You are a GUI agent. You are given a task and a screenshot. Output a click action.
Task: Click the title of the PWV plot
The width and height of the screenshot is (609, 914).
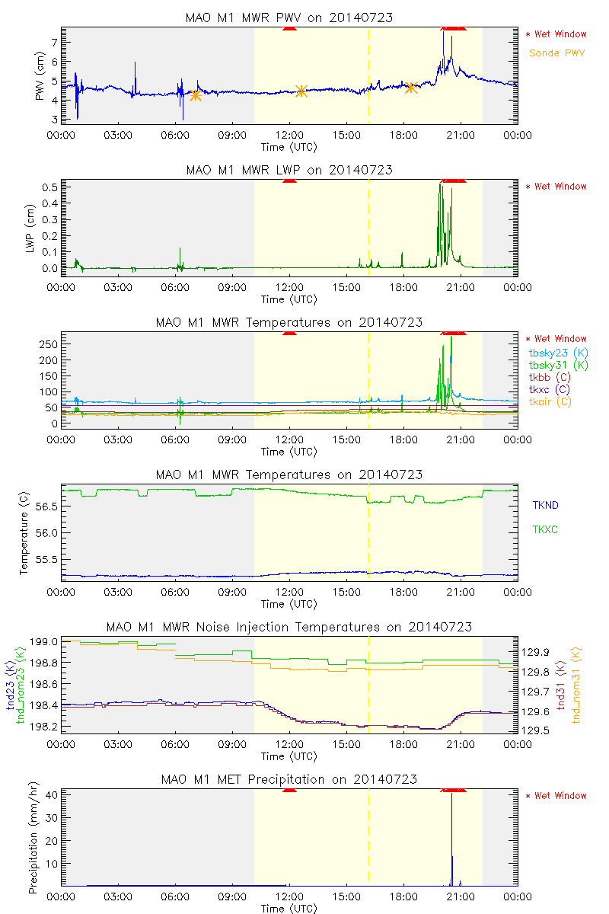[x=289, y=18]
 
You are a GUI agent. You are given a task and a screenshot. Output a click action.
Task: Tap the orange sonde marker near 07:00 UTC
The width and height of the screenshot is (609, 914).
[x=196, y=95]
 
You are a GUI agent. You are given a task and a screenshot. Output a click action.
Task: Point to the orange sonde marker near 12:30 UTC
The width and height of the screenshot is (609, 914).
[x=301, y=91]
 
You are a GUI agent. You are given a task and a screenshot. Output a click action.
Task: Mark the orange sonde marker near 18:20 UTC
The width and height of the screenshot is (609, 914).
[x=411, y=88]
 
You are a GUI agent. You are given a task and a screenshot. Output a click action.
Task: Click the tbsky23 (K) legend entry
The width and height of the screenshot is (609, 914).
[x=557, y=353]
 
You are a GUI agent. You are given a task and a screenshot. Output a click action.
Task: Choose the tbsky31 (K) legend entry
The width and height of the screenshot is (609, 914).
[x=557, y=365]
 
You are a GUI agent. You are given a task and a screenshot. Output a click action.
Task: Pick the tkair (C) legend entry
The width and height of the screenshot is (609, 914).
[x=551, y=401]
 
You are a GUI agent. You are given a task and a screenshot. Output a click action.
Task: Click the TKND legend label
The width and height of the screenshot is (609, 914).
[x=545, y=505]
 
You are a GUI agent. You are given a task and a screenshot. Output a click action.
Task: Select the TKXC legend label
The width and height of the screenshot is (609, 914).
[x=545, y=529]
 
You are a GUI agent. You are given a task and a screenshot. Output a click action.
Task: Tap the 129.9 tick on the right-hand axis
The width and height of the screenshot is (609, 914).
[x=536, y=652]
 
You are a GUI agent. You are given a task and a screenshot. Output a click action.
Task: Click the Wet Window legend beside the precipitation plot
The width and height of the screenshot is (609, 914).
[x=560, y=796]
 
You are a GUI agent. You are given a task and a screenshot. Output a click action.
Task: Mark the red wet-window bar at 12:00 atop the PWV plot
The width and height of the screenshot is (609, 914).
[x=289, y=28]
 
